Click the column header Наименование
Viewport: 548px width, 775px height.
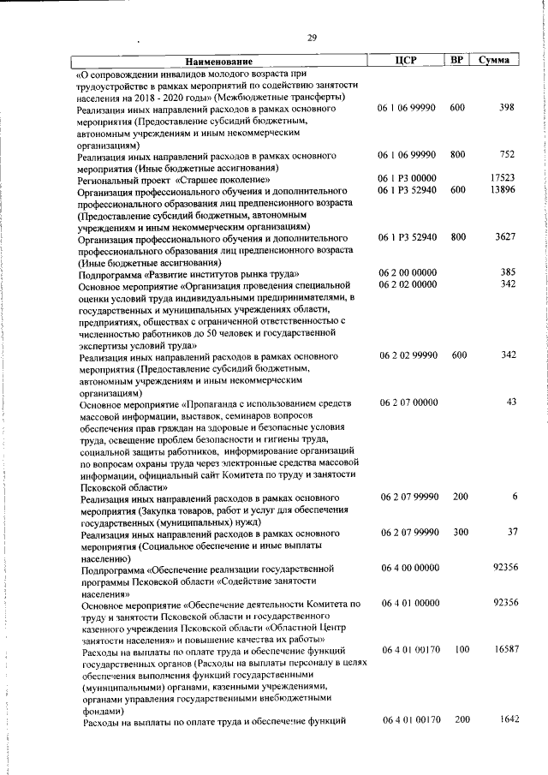[x=217, y=61]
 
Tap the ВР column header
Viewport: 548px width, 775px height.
[x=457, y=60]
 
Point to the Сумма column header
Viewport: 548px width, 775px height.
[x=495, y=60]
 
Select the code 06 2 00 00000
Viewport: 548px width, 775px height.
[x=408, y=272]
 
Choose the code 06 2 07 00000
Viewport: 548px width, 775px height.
[x=408, y=402]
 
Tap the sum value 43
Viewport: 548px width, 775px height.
[x=511, y=402]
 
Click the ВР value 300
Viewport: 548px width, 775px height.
[x=460, y=532]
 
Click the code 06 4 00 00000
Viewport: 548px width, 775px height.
[x=408, y=568]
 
